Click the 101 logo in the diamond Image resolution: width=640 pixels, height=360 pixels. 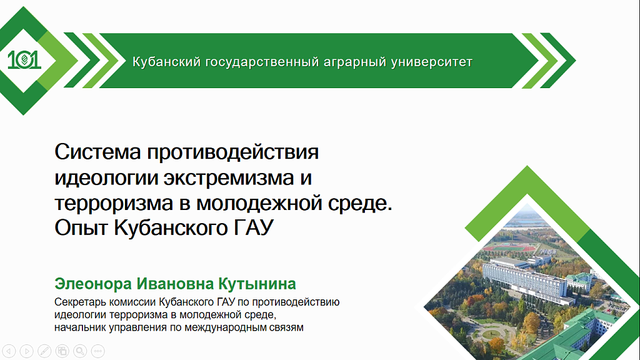[x=24, y=60]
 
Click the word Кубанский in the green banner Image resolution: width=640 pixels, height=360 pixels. [x=166, y=62]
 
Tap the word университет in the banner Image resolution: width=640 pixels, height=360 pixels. [x=432, y=62]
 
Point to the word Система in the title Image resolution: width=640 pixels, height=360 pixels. [x=97, y=152]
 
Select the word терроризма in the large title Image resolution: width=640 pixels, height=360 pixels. [x=114, y=203]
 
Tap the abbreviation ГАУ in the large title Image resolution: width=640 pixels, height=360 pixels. [x=254, y=227]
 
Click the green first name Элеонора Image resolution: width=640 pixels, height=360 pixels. [x=93, y=284]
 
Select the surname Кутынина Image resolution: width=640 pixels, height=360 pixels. [x=257, y=284]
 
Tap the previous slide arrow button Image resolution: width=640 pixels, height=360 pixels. [x=9, y=351]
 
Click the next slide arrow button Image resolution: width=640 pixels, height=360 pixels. [x=26, y=351]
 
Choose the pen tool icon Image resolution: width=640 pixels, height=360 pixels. [x=44, y=351]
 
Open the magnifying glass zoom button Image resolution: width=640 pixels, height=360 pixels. [x=80, y=351]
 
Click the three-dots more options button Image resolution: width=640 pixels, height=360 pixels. [x=98, y=351]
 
